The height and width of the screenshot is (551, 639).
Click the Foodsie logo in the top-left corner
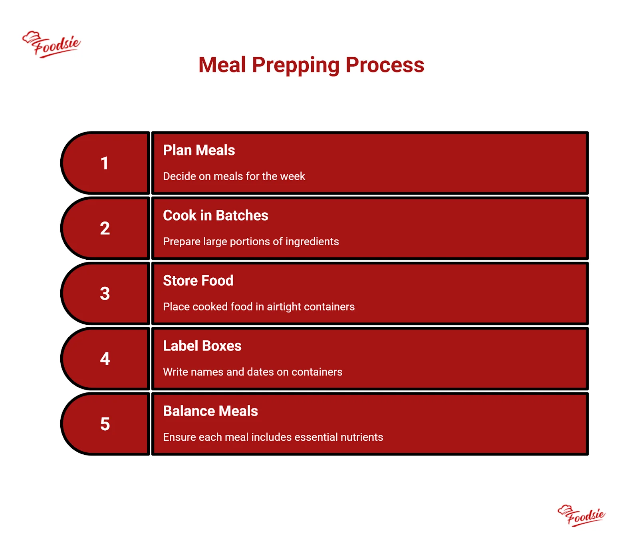click(x=51, y=44)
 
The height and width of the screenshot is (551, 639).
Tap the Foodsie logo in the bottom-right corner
click(x=581, y=515)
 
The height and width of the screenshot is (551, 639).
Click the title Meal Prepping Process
click(x=311, y=65)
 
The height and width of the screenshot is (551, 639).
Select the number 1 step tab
click(x=105, y=163)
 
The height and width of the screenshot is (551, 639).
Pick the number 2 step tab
click(x=105, y=228)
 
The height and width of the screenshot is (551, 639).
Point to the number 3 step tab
click(x=105, y=293)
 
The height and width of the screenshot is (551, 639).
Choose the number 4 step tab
click(x=105, y=358)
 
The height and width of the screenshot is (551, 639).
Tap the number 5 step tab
click(x=105, y=424)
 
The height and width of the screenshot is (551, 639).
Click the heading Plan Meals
click(x=199, y=150)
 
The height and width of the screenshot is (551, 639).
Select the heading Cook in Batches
click(x=216, y=215)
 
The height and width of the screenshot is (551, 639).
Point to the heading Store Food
click(x=198, y=280)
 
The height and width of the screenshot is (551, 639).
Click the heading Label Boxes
click(x=202, y=346)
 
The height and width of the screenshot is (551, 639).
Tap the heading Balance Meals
click(x=210, y=411)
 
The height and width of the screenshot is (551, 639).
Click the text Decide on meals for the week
click(x=234, y=176)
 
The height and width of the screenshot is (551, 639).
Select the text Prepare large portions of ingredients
click(x=251, y=242)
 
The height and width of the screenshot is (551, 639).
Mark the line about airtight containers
click(x=259, y=307)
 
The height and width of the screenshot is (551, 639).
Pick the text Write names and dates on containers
click(x=252, y=372)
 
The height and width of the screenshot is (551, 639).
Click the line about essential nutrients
click(x=273, y=437)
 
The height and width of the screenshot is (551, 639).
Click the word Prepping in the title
click(x=296, y=66)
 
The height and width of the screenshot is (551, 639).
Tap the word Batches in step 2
click(x=242, y=215)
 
